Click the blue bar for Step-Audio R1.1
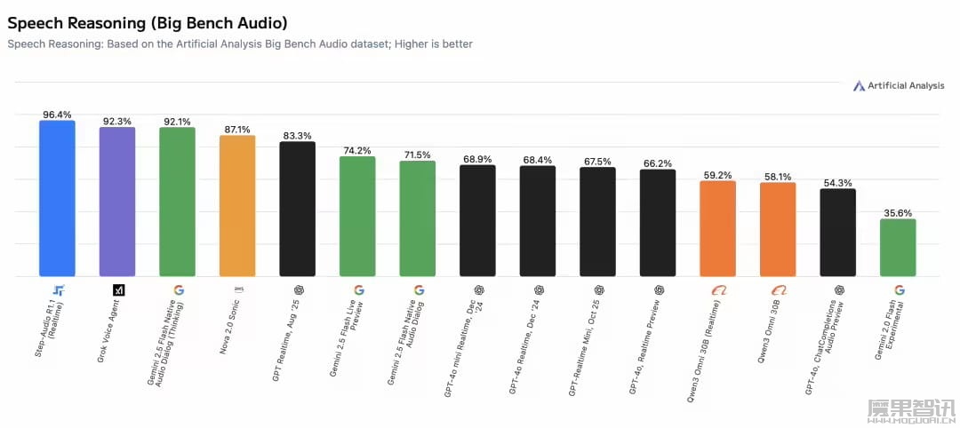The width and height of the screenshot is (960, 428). point(57,199)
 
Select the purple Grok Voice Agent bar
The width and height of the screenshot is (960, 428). point(117,202)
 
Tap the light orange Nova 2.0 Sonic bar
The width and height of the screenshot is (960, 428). point(237,206)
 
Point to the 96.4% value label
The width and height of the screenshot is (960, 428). point(57,115)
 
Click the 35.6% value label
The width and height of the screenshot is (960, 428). point(898,213)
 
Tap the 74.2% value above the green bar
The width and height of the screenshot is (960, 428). point(357,151)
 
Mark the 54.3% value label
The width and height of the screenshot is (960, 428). point(837,183)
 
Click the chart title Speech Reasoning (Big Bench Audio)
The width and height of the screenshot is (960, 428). point(148,21)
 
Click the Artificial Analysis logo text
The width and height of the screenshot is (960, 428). point(906,86)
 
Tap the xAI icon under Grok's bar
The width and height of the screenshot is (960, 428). point(118,290)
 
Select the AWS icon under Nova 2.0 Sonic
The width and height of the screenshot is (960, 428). point(238,289)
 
